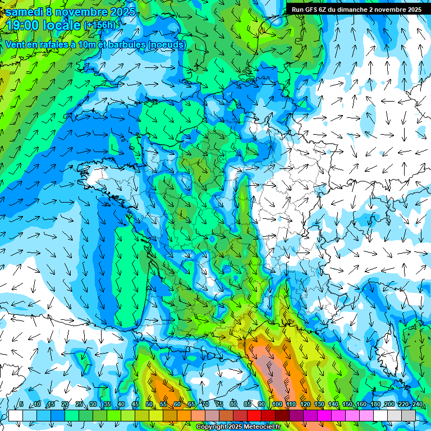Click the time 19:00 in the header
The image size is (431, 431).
click(25, 25)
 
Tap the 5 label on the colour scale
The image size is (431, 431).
click(21, 404)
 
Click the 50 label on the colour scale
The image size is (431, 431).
click(149, 404)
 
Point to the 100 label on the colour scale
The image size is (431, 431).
click(277, 404)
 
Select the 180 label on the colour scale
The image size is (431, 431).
click(375, 404)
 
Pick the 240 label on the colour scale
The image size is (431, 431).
click(417, 404)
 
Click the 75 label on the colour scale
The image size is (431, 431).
click(219, 404)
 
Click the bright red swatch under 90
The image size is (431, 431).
click(254, 415)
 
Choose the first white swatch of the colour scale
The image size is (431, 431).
click(16, 415)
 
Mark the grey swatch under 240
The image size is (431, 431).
click(409, 415)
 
